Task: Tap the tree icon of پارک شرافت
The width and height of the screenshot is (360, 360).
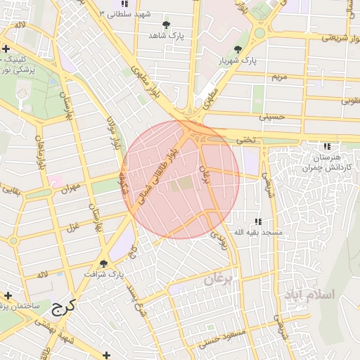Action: click(104, 264)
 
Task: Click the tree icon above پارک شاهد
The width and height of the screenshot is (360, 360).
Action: click(166, 25)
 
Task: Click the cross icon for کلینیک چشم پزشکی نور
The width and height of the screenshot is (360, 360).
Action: click(6, 49)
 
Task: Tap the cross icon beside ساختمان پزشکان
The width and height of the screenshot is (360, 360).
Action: click(7, 295)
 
